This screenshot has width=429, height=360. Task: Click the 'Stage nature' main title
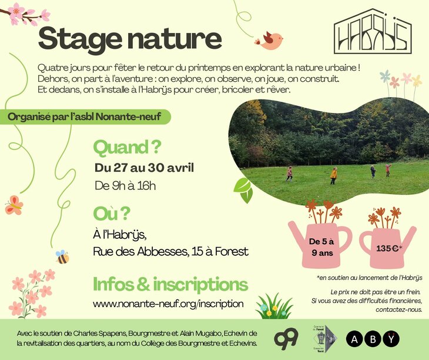point(130,39)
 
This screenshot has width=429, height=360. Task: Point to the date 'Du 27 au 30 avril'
point(144,168)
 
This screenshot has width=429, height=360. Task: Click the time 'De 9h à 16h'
point(125,186)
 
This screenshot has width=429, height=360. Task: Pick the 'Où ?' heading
point(111,213)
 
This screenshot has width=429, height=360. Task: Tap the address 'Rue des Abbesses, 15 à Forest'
point(170,252)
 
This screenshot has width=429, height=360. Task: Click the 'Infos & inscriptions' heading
point(170,284)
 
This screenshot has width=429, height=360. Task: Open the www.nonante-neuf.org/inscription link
point(168,304)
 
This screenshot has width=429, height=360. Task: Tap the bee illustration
point(62,257)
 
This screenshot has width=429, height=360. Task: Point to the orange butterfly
point(14,205)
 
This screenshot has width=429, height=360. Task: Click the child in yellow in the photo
point(333,175)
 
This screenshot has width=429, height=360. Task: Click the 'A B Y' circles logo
point(373,339)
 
